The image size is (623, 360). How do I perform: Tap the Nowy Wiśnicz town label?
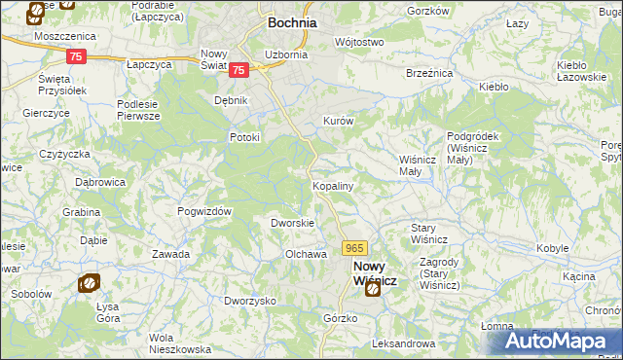[x=375, y=271]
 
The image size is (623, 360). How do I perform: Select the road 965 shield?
[x=354, y=249]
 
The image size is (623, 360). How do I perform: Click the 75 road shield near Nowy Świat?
[x=239, y=69]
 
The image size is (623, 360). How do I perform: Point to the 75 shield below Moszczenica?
[x=78, y=56]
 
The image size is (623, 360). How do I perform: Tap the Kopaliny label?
[x=332, y=185]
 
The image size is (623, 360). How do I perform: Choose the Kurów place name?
[x=337, y=122]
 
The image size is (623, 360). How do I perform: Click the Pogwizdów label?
[x=203, y=211]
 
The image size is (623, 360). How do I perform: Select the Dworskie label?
[x=292, y=223]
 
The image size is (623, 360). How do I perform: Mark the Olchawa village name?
[x=305, y=254]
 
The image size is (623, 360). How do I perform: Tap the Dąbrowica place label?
[x=102, y=181]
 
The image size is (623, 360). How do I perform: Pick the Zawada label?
[x=170, y=254]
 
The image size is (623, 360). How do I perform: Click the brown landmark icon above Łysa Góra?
[x=89, y=283]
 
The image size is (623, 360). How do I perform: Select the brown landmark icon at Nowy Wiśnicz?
[x=371, y=288]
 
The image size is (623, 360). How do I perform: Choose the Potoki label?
[x=244, y=137]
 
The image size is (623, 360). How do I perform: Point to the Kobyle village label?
[x=553, y=249]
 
